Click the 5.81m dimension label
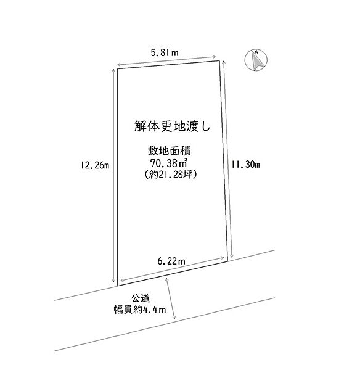click(x=165, y=52)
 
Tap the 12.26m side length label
click(x=95, y=165)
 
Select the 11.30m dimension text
click(x=245, y=164)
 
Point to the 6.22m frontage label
click(x=171, y=261)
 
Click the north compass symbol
click(x=256, y=60)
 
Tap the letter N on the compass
click(x=256, y=52)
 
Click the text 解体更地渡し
click(x=172, y=126)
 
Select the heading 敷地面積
click(x=169, y=151)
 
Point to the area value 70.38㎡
click(x=169, y=163)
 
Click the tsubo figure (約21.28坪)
click(x=170, y=174)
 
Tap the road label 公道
click(x=141, y=298)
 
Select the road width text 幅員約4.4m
click(x=140, y=310)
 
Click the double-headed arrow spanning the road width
click(x=171, y=298)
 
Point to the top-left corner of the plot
click(x=118, y=68)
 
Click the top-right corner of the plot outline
click(x=219, y=61)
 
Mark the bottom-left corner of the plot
click(x=118, y=286)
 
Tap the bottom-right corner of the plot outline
click(x=228, y=261)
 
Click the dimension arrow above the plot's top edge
click(x=166, y=60)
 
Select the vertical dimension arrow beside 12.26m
click(x=113, y=176)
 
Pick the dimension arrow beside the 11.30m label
click(x=227, y=159)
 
